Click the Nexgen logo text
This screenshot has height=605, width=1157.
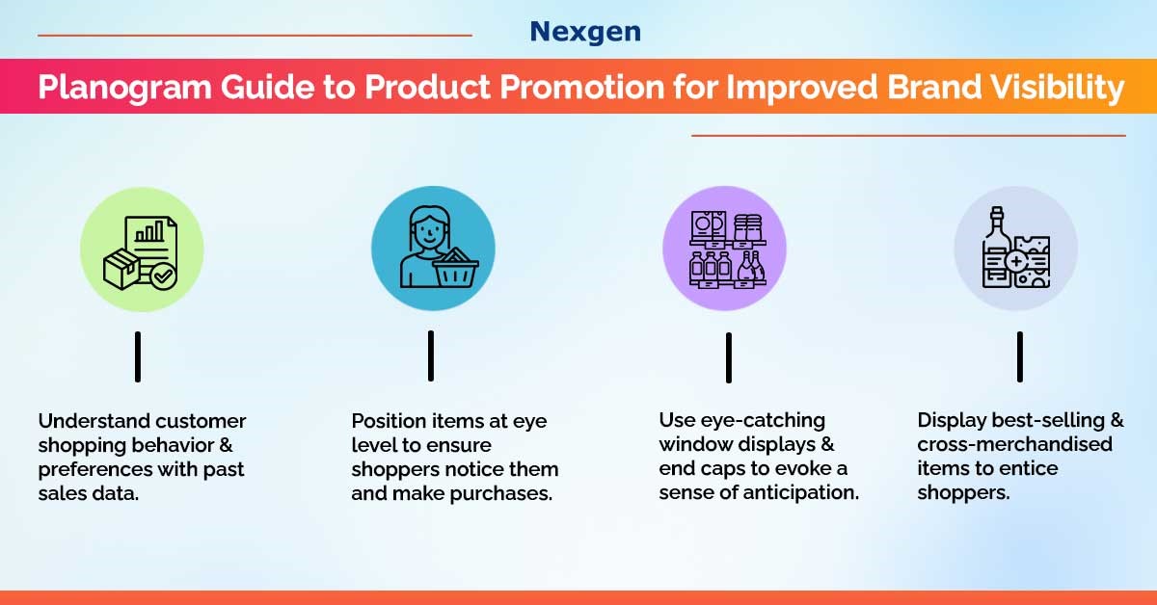pos(585,32)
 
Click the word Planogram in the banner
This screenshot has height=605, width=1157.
pos(124,87)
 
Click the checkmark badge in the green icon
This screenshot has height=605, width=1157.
pos(164,276)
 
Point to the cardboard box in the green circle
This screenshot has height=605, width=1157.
pos(121,269)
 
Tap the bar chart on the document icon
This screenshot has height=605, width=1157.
pos(149,232)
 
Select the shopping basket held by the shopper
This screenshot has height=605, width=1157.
pos(455,269)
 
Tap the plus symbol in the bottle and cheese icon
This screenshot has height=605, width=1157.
pos(1016,261)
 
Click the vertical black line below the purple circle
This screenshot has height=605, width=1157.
pos(729,357)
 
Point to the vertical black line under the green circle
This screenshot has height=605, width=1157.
pos(138,356)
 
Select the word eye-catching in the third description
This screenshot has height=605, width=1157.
pos(763,421)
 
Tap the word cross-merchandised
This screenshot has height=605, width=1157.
pos(1014,444)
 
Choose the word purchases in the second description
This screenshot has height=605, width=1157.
pos(501,494)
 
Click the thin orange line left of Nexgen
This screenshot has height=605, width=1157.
pos(255,35)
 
